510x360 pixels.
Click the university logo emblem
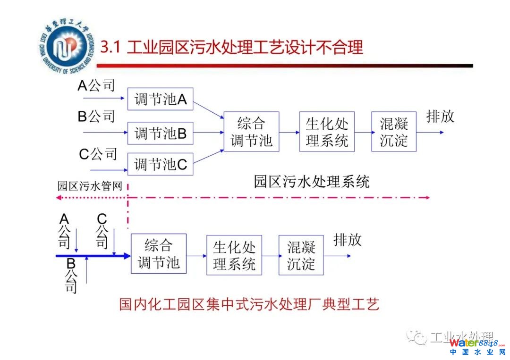click(64, 47)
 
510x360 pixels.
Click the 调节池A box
click(161, 100)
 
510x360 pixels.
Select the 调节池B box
click(161, 133)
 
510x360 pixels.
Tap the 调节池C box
click(161, 164)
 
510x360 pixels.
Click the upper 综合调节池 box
click(251, 132)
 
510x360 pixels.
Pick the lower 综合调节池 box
click(159, 253)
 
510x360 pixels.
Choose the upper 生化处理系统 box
click(327, 132)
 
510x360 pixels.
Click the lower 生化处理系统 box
click(234, 255)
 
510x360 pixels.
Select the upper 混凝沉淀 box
click(394, 132)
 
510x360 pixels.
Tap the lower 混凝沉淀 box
click(301, 255)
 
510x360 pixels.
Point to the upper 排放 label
click(440, 116)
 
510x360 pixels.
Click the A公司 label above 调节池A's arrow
click(96, 86)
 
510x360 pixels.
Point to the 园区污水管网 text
click(90, 186)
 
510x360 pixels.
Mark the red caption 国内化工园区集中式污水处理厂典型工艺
click(249, 304)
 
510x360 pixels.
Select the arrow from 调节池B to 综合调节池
click(208, 133)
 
